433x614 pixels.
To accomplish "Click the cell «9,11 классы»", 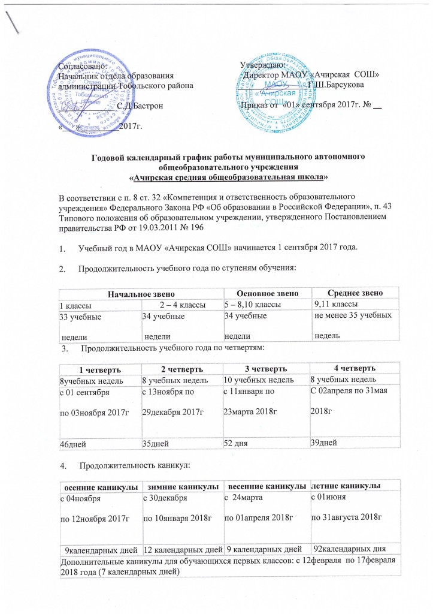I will tap(334, 304).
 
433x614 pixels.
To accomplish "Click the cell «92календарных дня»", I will tap(348, 549).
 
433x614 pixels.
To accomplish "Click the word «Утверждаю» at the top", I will tap(262, 64).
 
